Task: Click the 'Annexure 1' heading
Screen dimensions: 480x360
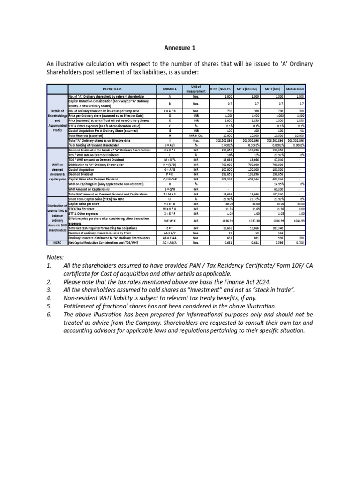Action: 180,48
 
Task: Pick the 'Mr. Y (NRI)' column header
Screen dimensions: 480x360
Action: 270,88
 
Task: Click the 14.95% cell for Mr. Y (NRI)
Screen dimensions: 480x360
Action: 275,184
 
